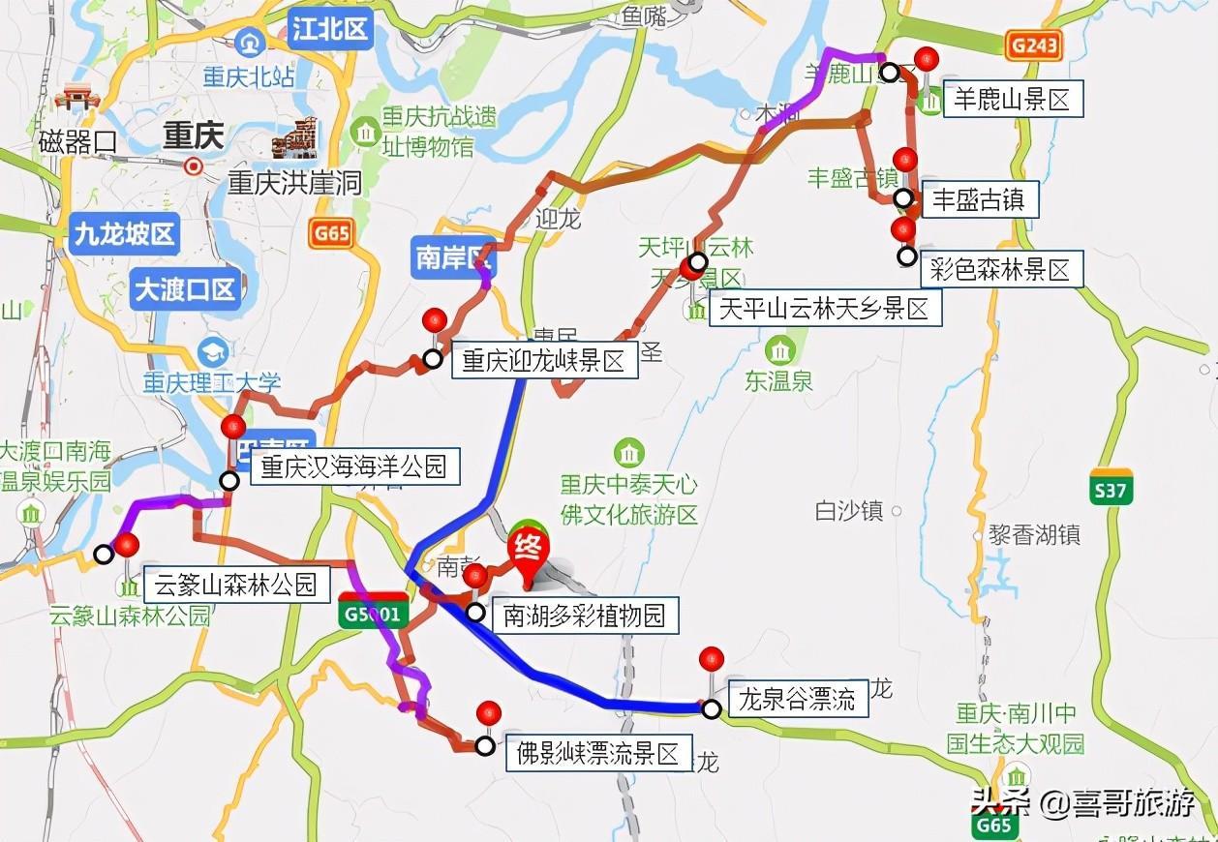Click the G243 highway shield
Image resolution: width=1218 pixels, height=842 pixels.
[x=1033, y=44]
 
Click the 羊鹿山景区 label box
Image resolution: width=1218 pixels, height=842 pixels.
[x=1012, y=99]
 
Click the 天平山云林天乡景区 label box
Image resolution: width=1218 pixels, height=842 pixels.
[x=824, y=309]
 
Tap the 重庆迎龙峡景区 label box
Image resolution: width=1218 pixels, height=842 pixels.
[x=543, y=361]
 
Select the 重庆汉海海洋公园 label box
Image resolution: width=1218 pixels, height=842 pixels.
[x=354, y=466]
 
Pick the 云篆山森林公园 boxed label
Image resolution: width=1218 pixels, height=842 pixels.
[x=235, y=584]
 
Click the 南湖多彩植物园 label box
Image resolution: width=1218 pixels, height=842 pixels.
[x=584, y=615]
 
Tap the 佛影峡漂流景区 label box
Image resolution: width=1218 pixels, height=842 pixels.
[x=598, y=753]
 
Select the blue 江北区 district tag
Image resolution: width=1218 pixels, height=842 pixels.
[x=330, y=30]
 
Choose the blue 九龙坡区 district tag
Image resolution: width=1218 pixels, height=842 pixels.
[x=125, y=235]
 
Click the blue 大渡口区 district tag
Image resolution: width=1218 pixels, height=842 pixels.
[x=184, y=289]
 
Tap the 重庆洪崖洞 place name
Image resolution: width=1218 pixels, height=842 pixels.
[x=294, y=182]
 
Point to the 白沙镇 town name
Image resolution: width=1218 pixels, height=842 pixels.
[x=849, y=511]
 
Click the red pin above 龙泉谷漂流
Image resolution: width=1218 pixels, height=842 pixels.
[x=712, y=660]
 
